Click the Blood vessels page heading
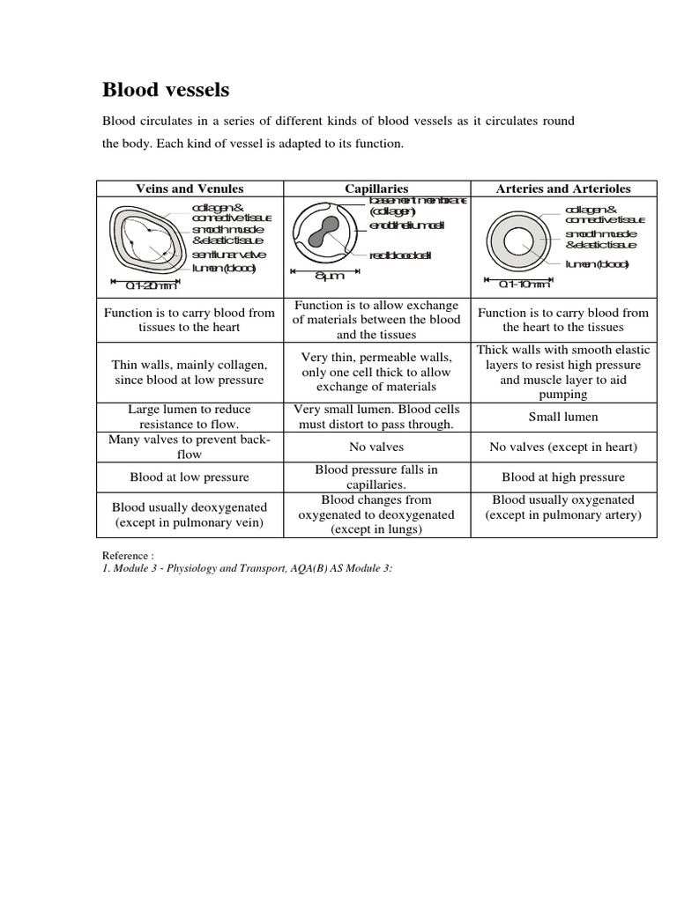[x=167, y=90]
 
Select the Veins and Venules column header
[x=190, y=189]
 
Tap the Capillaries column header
[x=376, y=189]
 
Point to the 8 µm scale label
[x=328, y=277]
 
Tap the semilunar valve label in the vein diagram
[x=228, y=255]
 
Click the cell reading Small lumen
[x=562, y=417]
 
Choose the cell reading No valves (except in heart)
[x=562, y=447]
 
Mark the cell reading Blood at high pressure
[x=562, y=477]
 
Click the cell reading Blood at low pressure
[x=190, y=477]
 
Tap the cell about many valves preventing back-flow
[x=190, y=447]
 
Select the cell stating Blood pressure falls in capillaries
[x=376, y=477]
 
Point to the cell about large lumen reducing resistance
[x=190, y=417]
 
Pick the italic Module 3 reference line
[x=248, y=568]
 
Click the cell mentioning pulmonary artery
[x=562, y=507]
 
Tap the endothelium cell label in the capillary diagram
[x=406, y=225]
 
